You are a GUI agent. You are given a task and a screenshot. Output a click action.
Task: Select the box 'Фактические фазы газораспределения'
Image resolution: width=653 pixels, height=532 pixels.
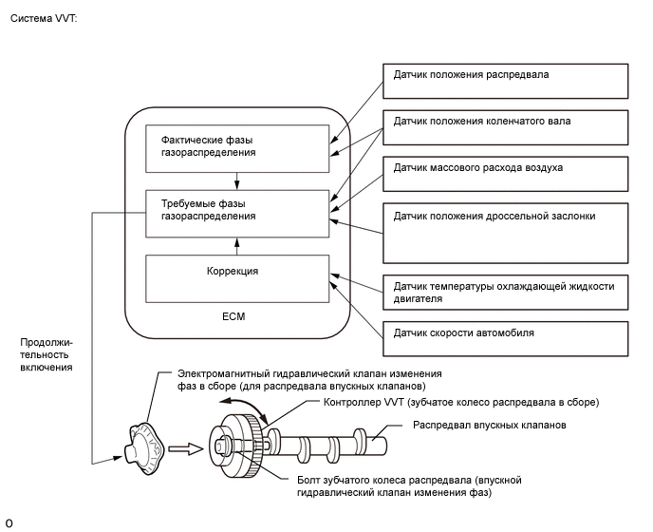click(236, 145)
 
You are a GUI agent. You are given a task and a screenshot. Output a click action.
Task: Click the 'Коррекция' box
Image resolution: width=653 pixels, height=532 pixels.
click(236, 277)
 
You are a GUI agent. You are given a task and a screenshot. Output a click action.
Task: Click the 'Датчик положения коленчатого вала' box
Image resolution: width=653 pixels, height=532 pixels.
click(505, 128)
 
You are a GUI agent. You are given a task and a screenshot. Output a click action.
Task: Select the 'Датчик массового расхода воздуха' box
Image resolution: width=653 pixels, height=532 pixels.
click(505, 175)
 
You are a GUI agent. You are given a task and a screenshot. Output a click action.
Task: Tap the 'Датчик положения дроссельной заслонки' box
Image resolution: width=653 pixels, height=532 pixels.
click(505, 231)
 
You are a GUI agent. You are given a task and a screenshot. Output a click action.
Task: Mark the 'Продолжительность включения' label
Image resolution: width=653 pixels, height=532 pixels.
click(46, 352)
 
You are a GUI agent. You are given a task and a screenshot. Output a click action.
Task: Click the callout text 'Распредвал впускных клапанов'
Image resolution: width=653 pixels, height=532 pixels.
click(490, 426)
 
